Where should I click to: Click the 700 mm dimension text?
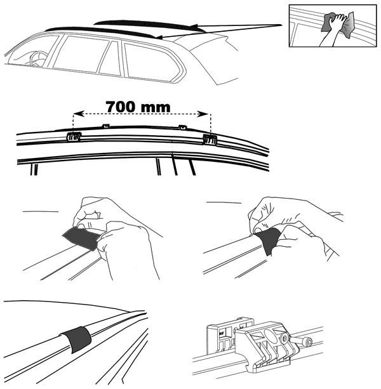click(x=138, y=107)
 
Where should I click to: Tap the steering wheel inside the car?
click(x=38, y=59)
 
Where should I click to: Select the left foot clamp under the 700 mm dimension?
click(x=74, y=136)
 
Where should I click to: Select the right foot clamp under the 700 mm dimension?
click(x=210, y=140)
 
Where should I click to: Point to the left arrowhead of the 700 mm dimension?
click(x=79, y=114)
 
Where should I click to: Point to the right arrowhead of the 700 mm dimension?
click(x=203, y=114)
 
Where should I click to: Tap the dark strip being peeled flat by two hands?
click(x=81, y=238)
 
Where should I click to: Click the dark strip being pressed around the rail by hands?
click(x=269, y=241)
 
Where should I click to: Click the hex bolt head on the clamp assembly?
click(x=308, y=343)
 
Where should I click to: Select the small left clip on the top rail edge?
click(x=106, y=126)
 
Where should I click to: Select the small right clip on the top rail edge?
click(x=183, y=128)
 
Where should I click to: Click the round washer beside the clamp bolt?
click(x=285, y=338)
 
